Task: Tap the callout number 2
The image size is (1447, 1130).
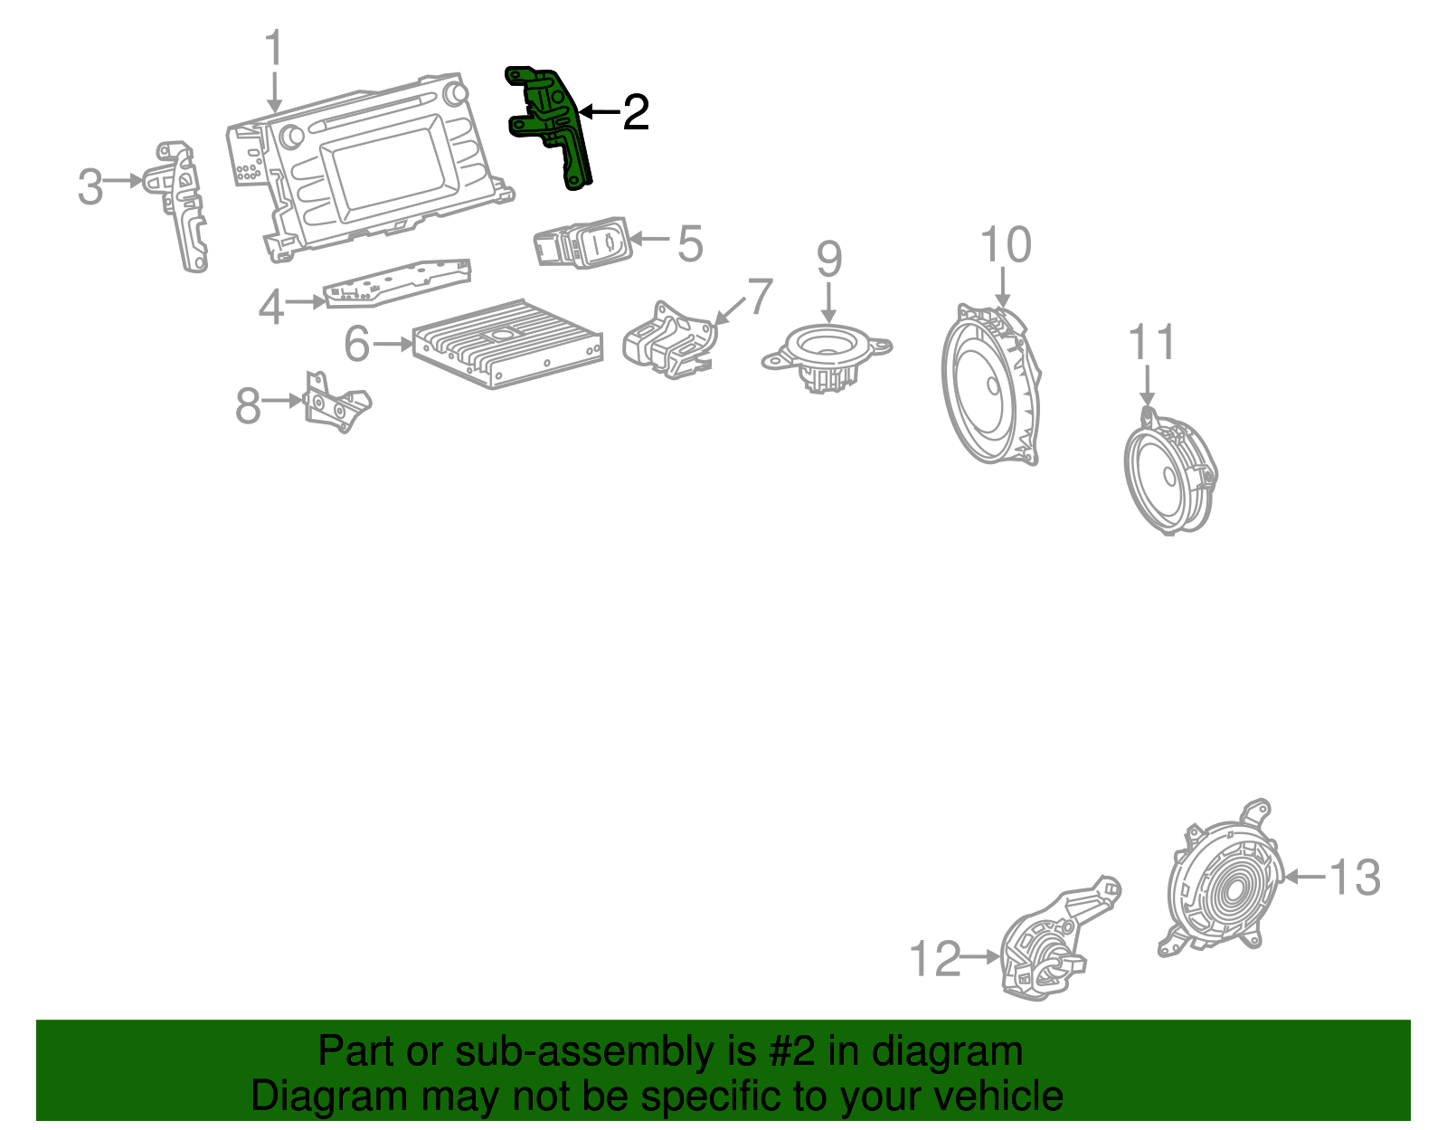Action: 636,112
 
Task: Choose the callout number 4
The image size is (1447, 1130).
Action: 270,308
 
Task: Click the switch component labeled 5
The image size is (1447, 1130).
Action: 582,242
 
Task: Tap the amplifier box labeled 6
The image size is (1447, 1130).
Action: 506,344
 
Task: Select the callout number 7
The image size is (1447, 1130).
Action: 760,297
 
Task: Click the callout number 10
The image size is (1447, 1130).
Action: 1006,245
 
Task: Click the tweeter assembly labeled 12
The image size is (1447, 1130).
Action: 1049,950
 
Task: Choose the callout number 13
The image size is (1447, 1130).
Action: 1354,878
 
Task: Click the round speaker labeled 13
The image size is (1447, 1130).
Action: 1225,882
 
